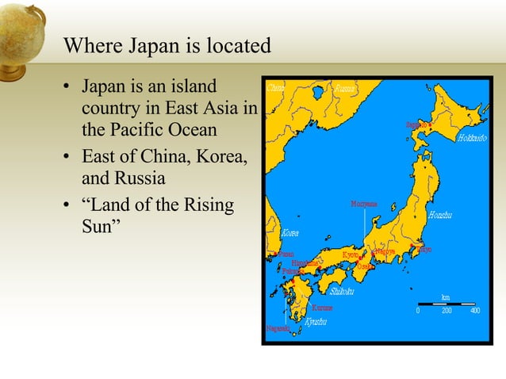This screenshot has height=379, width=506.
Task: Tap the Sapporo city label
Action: (x=416, y=125)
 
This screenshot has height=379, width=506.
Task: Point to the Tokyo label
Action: (x=424, y=250)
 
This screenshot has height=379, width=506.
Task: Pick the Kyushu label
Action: (x=315, y=323)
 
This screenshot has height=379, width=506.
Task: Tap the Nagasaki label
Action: (x=278, y=328)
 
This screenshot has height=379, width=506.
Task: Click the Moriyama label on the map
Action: (x=364, y=205)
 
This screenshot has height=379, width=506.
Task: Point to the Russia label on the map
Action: (x=345, y=88)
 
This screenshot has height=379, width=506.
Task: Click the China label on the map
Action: (x=276, y=88)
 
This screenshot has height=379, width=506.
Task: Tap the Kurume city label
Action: (x=322, y=308)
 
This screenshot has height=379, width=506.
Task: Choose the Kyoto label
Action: (x=351, y=255)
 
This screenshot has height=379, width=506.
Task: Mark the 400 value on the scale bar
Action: (x=474, y=311)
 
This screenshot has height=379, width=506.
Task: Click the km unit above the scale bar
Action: (x=446, y=297)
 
